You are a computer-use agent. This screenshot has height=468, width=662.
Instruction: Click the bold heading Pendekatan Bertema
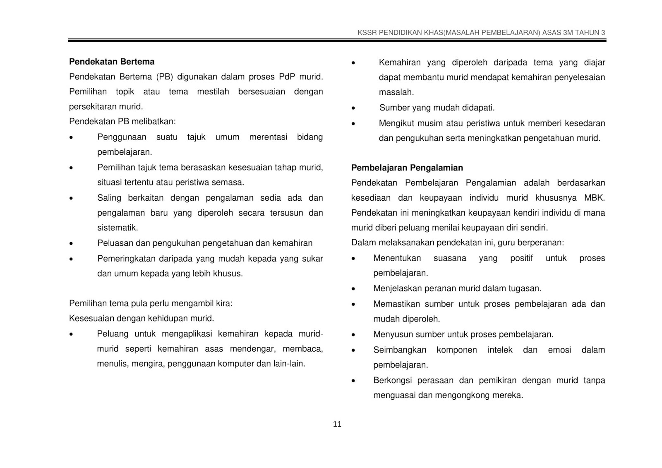(x=112, y=62)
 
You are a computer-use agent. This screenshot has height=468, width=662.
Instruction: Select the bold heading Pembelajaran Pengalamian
(x=407, y=168)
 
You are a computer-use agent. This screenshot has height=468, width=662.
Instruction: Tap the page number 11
(x=337, y=424)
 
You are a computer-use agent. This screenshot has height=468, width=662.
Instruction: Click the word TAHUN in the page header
(x=587, y=33)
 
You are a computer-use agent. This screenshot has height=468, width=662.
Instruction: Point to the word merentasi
(x=268, y=137)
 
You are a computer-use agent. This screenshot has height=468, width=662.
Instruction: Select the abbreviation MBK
(x=595, y=198)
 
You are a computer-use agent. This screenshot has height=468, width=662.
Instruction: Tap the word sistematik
(x=118, y=228)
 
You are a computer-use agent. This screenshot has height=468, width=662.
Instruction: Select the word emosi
(x=559, y=350)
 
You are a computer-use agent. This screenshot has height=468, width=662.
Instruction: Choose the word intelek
(x=500, y=350)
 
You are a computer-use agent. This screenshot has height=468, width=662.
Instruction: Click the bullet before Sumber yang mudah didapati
(x=353, y=108)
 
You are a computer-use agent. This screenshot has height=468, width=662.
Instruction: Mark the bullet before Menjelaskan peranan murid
(x=353, y=289)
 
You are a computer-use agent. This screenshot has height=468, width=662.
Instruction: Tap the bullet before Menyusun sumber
(x=353, y=335)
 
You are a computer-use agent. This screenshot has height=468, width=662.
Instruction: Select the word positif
(x=521, y=258)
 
